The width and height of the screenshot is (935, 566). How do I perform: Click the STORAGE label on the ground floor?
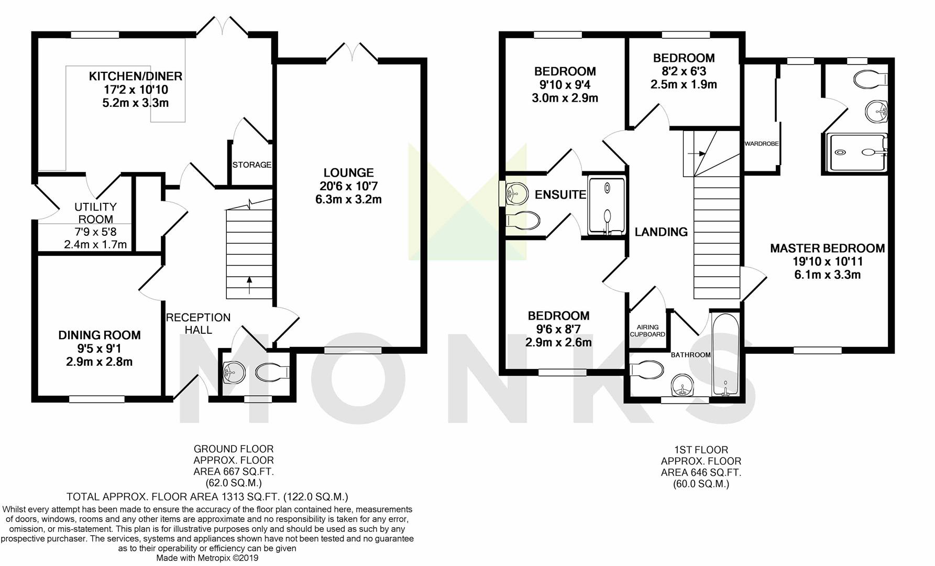[x=252, y=165]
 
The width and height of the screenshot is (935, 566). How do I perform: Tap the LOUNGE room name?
[x=348, y=172]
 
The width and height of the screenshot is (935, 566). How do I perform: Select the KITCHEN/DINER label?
[x=136, y=76]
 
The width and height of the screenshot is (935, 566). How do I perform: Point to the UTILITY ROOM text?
[x=95, y=213]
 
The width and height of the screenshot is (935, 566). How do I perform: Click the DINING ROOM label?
[x=100, y=335]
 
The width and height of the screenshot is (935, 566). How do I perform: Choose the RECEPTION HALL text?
[x=198, y=323]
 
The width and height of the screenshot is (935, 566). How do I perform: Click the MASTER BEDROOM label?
[x=827, y=248]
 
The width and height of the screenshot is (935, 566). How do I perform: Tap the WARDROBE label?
[x=762, y=144]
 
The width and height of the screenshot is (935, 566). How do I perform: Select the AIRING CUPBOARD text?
[x=647, y=331]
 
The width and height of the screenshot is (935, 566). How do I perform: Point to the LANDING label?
[x=661, y=232]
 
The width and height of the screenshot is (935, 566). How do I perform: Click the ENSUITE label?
[x=560, y=194]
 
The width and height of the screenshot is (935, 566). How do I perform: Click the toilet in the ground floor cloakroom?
[x=272, y=372]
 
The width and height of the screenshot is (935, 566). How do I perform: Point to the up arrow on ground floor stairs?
[x=249, y=285]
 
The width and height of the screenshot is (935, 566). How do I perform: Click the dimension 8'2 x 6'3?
[x=684, y=71]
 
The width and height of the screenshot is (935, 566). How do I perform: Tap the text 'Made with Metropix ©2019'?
[x=207, y=558]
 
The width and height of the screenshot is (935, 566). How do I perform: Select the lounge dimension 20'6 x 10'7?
[x=348, y=186]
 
